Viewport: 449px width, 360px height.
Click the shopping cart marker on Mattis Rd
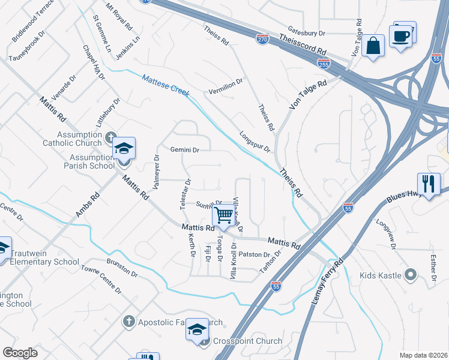224,215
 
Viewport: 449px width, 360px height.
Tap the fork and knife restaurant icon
429,184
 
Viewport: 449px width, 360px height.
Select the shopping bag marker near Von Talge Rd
373,46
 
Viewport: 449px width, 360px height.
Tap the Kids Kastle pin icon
411,275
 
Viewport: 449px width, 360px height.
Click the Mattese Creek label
165,85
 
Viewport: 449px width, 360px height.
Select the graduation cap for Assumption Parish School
124,149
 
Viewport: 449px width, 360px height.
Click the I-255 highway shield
323,62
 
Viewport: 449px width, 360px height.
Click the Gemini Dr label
184,149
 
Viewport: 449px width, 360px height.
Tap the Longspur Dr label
255,142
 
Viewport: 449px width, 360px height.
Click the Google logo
20,353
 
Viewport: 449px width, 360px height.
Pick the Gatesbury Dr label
306,33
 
